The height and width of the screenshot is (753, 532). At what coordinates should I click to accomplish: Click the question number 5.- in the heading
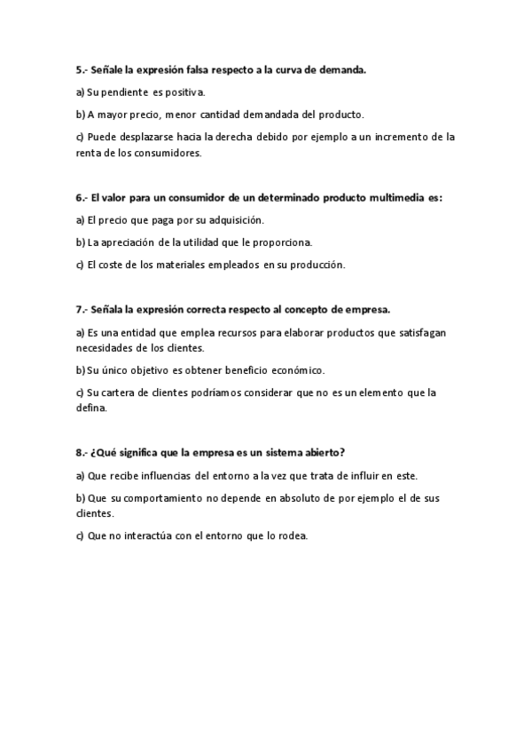81,68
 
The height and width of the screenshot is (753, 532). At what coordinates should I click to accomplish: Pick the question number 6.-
81,198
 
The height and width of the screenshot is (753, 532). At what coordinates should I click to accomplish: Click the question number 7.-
81,309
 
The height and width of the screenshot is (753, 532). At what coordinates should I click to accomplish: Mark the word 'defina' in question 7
91,408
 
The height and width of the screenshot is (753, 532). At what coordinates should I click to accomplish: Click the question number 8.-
81,453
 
